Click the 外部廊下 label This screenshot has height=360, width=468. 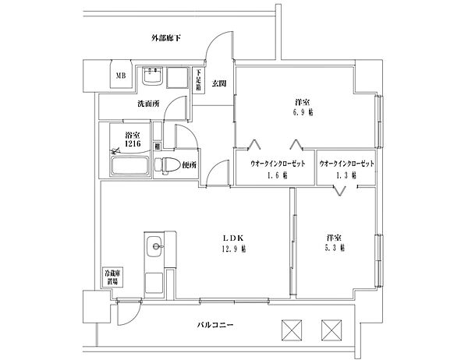[166, 37]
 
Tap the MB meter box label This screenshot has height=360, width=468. [121, 76]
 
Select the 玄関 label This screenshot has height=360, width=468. [218, 83]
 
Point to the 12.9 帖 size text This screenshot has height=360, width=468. [232, 249]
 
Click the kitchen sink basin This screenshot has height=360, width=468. [154, 249]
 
